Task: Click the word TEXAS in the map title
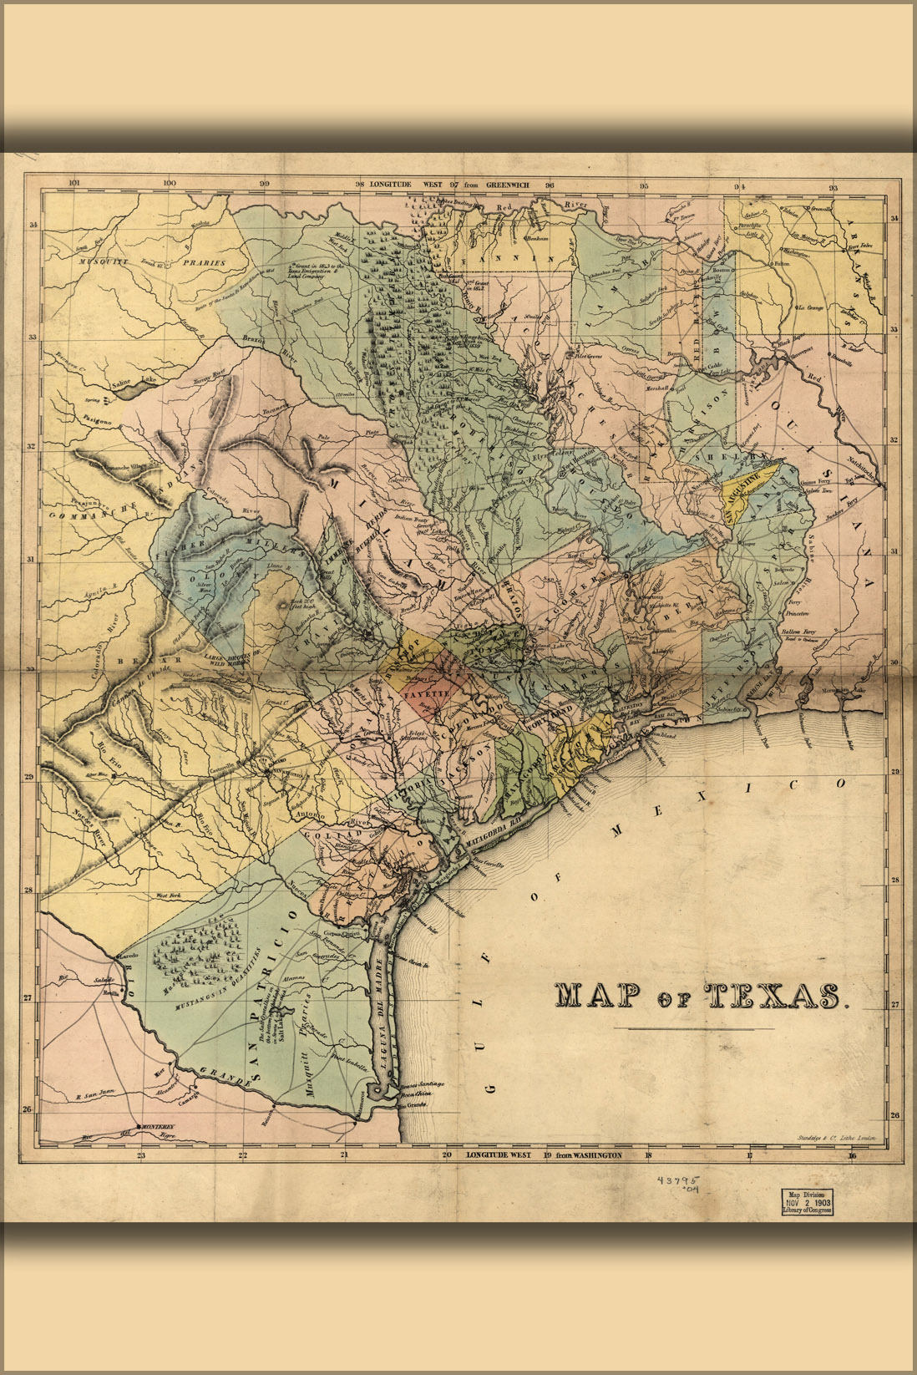[773, 995]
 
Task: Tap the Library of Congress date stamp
[806, 1200]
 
